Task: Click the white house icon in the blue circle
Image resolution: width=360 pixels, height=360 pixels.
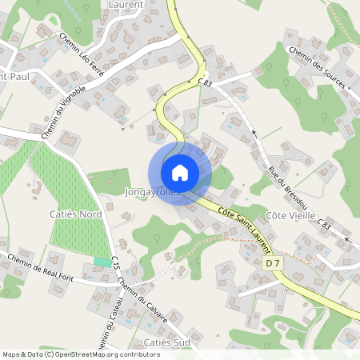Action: tap(180, 172)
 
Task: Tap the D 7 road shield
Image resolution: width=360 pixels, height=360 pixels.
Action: tap(273, 262)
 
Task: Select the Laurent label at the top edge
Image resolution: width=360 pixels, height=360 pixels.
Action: tap(125, 4)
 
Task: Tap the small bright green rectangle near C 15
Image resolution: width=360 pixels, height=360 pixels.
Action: tap(102, 262)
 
